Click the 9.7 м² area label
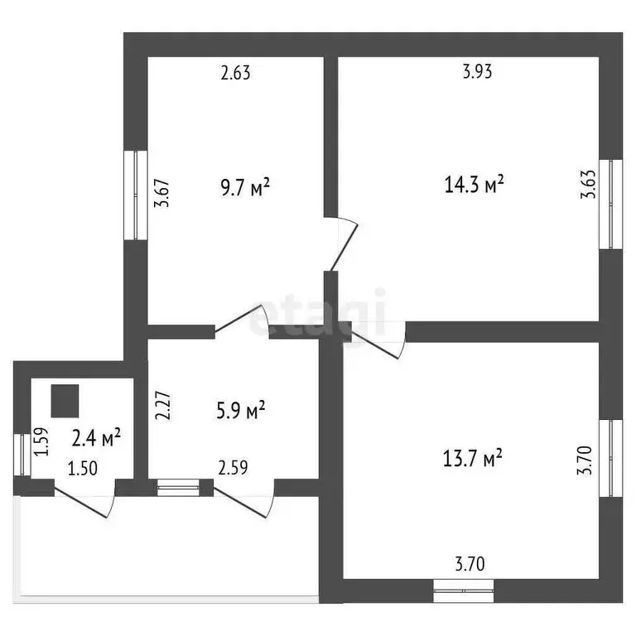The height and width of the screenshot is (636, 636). click(x=245, y=187)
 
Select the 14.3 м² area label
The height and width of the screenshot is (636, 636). click(x=474, y=184)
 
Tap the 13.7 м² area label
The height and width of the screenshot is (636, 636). click(x=473, y=458)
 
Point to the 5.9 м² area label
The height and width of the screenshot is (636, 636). click(x=241, y=410)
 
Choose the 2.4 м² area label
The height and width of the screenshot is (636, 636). click(x=96, y=437)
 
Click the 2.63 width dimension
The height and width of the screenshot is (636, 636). click(x=236, y=73)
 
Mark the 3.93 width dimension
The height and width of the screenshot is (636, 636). click(x=477, y=71)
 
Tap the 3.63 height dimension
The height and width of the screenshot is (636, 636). click(x=588, y=184)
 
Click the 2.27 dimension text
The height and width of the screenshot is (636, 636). click(x=163, y=405)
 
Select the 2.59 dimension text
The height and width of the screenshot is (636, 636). click(x=233, y=468)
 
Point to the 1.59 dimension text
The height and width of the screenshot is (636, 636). click(x=41, y=441)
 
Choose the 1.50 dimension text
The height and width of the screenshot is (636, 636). click(x=83, y=469)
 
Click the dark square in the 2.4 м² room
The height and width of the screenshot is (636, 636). click(x=65, y=401)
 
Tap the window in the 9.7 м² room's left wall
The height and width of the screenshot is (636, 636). click(x=136, y=195)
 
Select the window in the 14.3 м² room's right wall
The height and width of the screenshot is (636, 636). click(x=611, y=204)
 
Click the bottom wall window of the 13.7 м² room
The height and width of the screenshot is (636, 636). click(x=464, y=591)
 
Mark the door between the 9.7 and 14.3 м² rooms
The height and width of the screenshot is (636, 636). click(x=343, y=244)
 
